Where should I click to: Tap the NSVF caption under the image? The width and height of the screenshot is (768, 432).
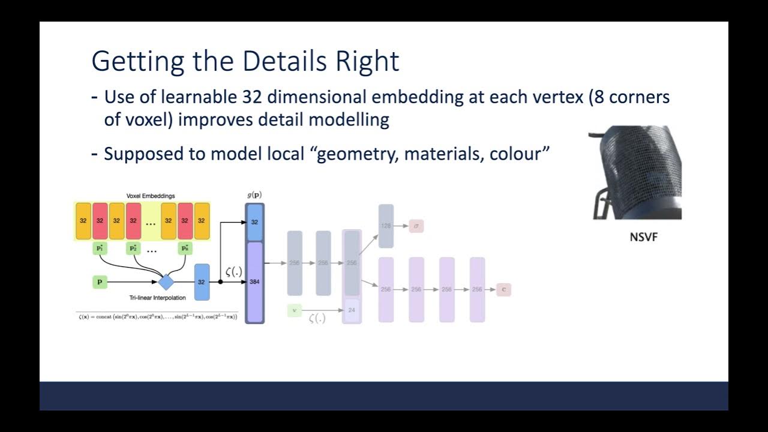[643, 237]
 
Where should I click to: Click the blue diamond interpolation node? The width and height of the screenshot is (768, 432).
[166, 281]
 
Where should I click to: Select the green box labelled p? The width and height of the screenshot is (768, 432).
[100, 281]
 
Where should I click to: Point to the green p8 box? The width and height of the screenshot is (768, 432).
[185, 248]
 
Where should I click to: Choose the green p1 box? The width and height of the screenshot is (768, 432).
[100, 248]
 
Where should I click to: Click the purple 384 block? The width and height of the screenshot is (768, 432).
[254, 281]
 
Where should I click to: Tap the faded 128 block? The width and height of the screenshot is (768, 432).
[386, 226]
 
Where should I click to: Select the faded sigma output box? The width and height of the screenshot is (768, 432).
[416, 226]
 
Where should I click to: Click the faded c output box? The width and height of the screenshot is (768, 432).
[503, 289]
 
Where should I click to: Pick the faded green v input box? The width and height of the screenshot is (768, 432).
[294, 310]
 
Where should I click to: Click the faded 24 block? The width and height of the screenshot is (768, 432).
[352, 310]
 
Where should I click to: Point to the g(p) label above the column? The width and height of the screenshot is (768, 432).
[254, 195]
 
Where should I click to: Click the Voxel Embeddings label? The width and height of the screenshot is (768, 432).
[151, 196]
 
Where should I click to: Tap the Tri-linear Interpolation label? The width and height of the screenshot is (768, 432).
[158, 298]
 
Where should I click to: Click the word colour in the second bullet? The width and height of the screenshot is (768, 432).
[516, 154]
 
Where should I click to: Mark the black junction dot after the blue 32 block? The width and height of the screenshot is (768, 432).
[220, 281]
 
